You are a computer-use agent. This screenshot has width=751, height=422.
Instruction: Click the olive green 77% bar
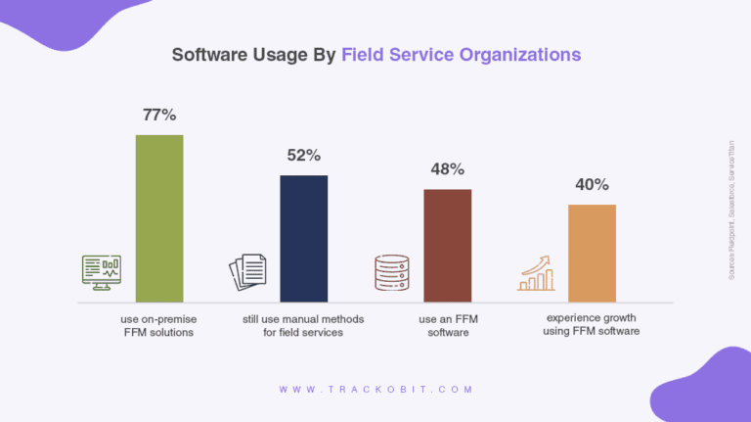(x=158, y=217)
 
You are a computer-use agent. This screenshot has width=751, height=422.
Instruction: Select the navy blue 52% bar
(x=303, y=238)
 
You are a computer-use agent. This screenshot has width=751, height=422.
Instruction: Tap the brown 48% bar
(x=447, y=245)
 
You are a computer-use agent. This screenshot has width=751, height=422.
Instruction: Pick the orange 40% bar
(x=592, y=253)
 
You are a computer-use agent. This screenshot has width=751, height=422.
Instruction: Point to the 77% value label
(x=158, y=115)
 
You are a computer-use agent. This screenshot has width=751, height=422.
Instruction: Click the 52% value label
(x=303, y=155)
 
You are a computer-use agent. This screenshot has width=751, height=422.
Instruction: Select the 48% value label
(x=447, y=168)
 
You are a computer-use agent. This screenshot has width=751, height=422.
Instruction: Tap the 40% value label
(x=592, y=184)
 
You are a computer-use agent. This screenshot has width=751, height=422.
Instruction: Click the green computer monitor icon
(x=102, y=272)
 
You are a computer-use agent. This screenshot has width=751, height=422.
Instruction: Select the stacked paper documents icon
(x=247, y=272)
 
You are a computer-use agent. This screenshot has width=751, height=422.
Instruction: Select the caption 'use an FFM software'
(x=447, y=326)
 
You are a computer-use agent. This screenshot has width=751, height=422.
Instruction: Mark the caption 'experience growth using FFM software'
(x=591, y=325)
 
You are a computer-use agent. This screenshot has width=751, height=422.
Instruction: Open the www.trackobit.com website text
(x=375, y=389)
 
